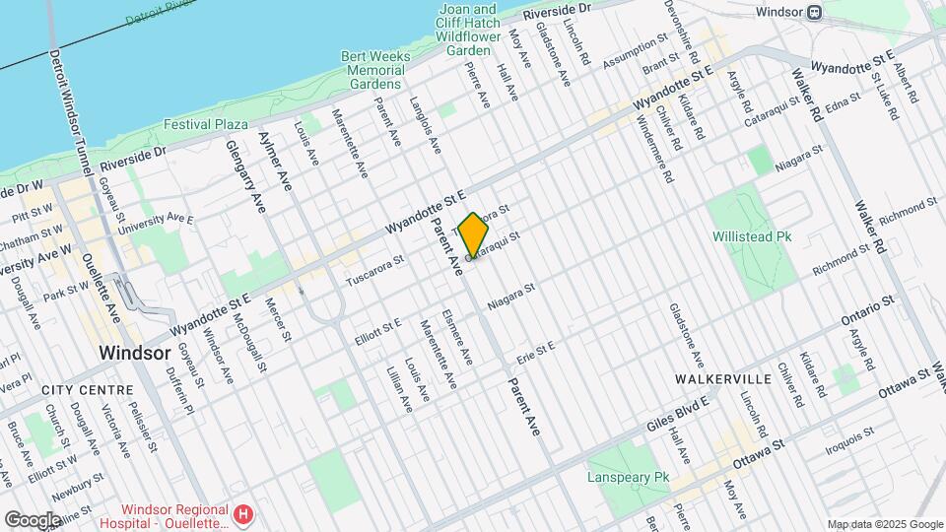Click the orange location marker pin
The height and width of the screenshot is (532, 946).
474,235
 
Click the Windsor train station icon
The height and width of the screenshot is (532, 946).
814,13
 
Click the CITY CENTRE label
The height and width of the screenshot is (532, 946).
88,390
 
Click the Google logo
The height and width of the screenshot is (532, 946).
33,519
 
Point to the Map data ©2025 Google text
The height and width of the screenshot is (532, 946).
885,524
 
